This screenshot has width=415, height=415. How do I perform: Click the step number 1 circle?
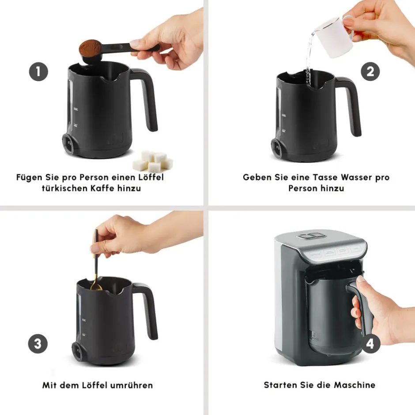(x=38, y=72)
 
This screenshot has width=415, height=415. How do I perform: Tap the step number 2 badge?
(x=370, y=72)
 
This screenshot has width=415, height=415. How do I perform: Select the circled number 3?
(x=38, y=343)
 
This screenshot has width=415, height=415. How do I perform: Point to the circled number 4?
(x=370, y=343)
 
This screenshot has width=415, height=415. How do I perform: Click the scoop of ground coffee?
(x=90, y=49)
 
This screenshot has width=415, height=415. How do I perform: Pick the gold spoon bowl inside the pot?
(x=96, y=287)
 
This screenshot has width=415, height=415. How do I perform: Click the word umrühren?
(x=131, y=385)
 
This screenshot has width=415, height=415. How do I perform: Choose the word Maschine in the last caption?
(x=355, y=385)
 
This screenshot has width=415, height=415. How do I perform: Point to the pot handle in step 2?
(x=352, y=106)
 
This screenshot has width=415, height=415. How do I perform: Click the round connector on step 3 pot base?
(x=78, y=351)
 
